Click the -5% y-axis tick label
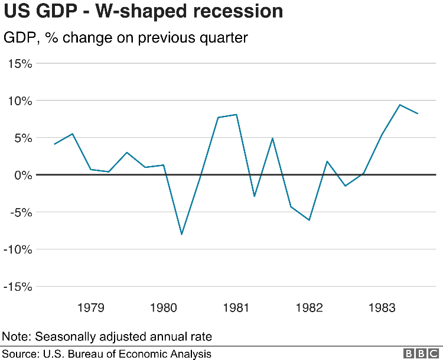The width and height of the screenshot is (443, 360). coord(19,212)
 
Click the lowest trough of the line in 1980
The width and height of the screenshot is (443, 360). coord(181,234)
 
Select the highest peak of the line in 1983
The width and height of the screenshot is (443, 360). coord(400,105)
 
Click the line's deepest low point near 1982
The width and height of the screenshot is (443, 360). coord(309,220)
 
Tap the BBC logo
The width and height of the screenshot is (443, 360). coord(421,353)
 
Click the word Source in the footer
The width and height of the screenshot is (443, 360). coord(19,353)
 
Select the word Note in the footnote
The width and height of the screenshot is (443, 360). coord(16,336)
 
